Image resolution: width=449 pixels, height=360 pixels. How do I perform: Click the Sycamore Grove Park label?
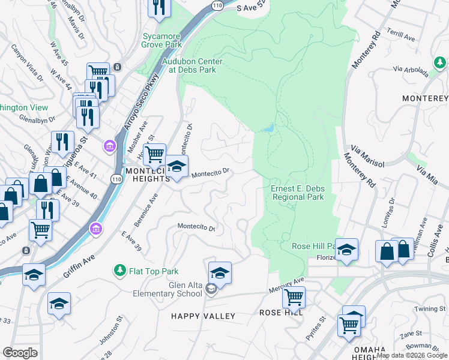[161, 40]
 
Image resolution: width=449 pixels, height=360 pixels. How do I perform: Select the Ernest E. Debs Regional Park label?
[298, 193]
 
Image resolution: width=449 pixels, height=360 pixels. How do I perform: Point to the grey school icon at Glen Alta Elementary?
[211, 289]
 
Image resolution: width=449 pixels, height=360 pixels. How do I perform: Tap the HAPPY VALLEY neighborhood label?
[203, 316]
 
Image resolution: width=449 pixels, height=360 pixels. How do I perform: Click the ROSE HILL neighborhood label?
[282, 313]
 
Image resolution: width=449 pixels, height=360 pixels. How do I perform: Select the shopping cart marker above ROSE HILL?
[294, 296]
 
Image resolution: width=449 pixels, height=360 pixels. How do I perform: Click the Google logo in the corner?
[20, 353]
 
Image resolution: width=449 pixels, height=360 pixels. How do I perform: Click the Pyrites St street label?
[315, 329]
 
